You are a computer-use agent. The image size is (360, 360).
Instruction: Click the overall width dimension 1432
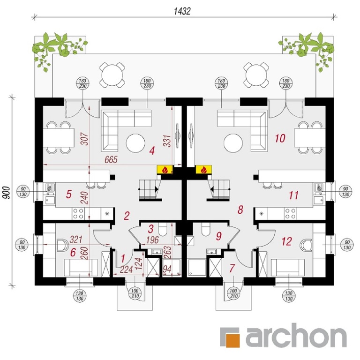(x=182, y=11)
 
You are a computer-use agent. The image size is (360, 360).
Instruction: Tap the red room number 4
(x=152, y=151)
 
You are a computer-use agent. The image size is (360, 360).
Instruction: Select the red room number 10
(x=280, y=138)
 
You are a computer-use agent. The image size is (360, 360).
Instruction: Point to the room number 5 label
(x=68, y=195)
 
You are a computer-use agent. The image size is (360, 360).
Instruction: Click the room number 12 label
(x=287, y=241)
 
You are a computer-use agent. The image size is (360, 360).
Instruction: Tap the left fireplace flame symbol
(x=165, y=170)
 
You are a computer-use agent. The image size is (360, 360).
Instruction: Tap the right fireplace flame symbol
(x=203, y=170)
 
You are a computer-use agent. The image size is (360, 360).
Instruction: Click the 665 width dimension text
(x=111, y=159)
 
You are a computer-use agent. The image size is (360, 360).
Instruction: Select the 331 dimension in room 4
(x=168, y=141)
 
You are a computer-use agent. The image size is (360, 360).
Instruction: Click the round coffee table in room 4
(x=135, y=143)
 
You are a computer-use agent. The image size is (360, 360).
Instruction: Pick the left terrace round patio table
(x=112, y=75)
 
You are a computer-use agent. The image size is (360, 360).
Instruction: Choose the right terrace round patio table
(x=256, y=75)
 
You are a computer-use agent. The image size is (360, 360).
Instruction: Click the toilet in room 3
(x=163, y=230)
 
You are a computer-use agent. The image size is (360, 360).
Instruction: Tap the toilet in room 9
(x=206, y=230)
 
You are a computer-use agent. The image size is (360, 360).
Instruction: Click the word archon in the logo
(x=296, y=337)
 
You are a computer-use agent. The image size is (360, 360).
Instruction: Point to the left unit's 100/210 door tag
(x=135, y=293)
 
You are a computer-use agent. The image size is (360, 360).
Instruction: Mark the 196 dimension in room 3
(x=153, y=240)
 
